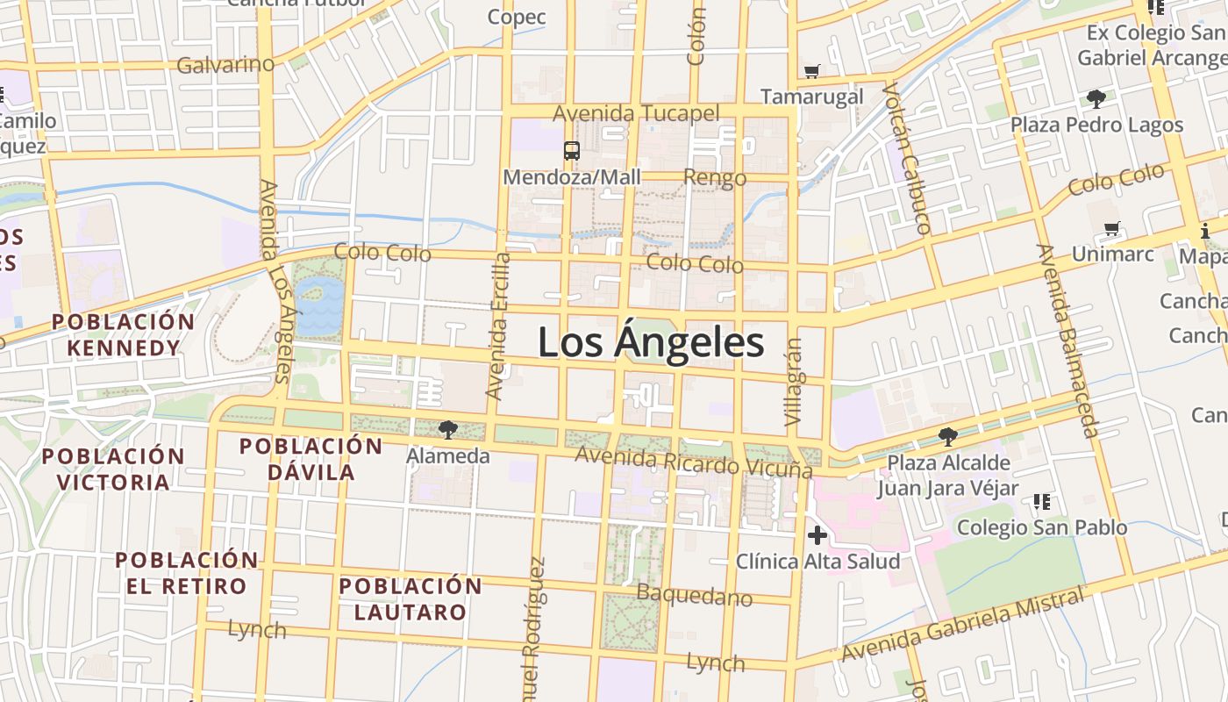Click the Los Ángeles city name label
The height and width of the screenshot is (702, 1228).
[651, 342]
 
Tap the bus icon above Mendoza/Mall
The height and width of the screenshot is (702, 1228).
[572, 151]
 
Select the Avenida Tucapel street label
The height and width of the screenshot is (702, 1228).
[636, 113]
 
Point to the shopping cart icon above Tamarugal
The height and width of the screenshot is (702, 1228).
[812, 71]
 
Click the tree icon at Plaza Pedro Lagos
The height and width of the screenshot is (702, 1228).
[1096, 98]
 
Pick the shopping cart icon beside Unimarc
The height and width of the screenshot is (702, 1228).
[1112, 229]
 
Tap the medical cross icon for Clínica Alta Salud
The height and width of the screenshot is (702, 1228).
[817, 534]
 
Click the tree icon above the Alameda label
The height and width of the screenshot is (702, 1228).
[448, 429]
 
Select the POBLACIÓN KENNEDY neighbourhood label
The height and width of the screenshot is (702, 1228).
[123, 334]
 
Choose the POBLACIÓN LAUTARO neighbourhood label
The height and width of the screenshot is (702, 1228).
[411, 598]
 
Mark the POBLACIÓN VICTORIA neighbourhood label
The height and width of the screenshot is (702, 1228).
[114, 469]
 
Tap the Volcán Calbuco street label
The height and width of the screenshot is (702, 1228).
[908, 159]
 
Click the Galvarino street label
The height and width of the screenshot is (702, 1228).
[225, 65]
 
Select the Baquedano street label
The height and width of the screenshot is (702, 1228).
[694, 596]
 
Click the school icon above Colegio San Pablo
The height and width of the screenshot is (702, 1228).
[1042, 502]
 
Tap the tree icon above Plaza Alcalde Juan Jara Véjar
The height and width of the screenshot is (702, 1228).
[947, 436]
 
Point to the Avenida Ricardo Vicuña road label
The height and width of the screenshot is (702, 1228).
[693, 462]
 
